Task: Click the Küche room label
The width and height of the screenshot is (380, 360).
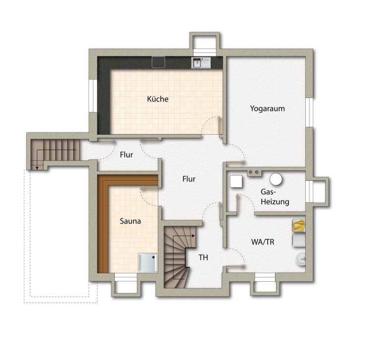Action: tap(157, 99)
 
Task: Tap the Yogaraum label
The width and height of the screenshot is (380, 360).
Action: tap(267, 108)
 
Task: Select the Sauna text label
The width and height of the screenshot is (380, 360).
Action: tap(131, 221)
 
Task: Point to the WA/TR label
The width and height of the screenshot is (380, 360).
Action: tap(263, 242)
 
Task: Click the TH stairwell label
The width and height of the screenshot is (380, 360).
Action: tap(203, 257)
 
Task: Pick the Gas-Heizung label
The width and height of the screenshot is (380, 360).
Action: tap(275, 197)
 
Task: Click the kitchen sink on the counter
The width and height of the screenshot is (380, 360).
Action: tap(201, 62)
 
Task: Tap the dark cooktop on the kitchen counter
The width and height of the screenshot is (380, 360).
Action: tap(158, 62)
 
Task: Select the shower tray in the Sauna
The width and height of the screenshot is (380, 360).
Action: tap(147, 263)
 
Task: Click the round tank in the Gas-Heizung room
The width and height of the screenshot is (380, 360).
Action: tap(276, 179)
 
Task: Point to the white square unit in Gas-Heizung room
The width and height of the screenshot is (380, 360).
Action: tap(236, 181)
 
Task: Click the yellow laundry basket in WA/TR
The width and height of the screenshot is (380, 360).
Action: tap(299, 225)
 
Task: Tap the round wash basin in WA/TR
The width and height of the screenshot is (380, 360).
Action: tap(301, 259)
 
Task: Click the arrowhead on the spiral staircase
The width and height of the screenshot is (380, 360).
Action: tap(193, 236)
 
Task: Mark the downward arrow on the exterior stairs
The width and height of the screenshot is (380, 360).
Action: tap(37, 167)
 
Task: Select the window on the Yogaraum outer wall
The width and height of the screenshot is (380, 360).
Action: tap(309, 112)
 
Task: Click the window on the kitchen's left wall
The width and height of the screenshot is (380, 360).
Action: tap(93, 96)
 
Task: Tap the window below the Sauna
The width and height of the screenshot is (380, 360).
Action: tap(126, 277)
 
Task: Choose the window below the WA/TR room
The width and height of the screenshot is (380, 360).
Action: tap(265, 277)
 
